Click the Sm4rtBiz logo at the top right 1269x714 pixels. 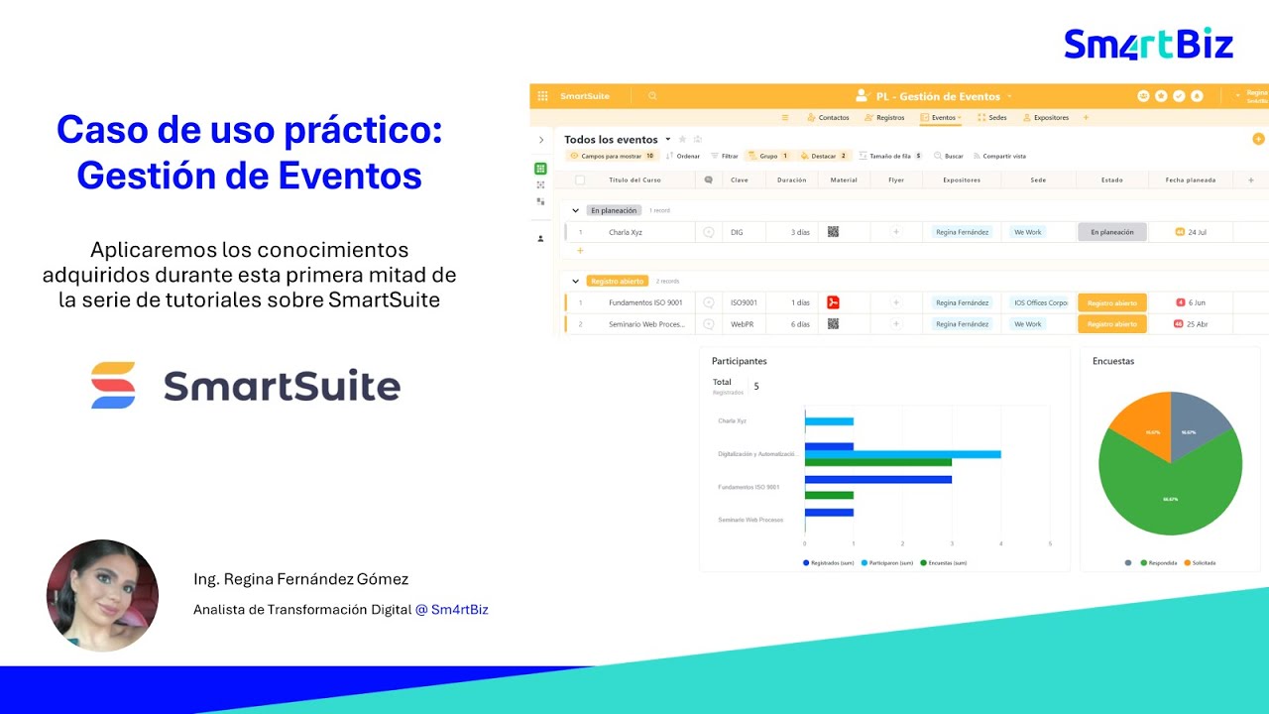tap(1148, 45)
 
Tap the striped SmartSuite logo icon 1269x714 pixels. tap(113, 386)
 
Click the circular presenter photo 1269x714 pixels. tap(102, 595)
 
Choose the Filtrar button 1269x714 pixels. tap(725, 156)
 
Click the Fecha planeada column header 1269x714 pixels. tap(1190, 180)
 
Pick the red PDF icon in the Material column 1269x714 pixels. tap(834, 302)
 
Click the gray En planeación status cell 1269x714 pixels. tap(1111, 232)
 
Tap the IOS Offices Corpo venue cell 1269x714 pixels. tap(1040, 302)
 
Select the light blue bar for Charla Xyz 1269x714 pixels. tap(829, 421)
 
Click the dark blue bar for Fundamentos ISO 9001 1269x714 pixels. tap(877, 479)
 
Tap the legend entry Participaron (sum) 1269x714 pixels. tap(888, 563)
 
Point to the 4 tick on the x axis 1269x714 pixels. tap(1000, 544)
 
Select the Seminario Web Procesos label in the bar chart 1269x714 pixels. tap(750, 520)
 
